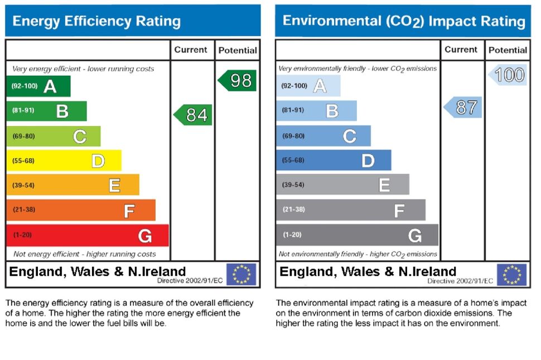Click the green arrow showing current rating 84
tap(194, 115)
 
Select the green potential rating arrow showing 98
tap(238, 81)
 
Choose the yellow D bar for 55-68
tap(64, 161)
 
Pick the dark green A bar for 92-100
tap(38, 86)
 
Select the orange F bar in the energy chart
tap(81, 211)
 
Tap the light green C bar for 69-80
tap(54, 136)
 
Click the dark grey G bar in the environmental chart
tap(357, 235)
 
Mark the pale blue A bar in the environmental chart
tap(308, 86)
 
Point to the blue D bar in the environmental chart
tap(334, 160)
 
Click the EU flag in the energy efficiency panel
tap(241, 274)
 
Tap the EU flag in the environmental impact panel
tap(511, 274)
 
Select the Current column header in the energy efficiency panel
tap(191, 50)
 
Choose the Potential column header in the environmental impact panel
tap(508, 50)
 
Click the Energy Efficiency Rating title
tap(96, 22)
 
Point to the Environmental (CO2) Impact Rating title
tap(404, 21)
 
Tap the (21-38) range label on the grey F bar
tap(294, 210)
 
